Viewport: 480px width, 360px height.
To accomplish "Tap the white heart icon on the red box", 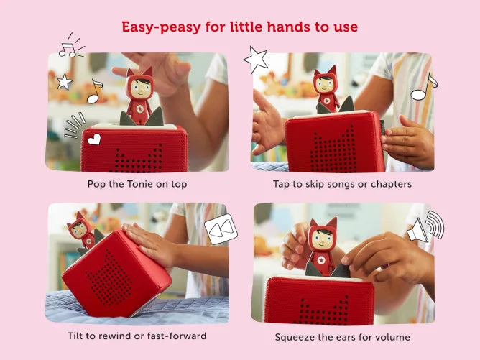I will click(x=94, y=139).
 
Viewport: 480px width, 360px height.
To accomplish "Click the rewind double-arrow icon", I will click(x=220, y=229).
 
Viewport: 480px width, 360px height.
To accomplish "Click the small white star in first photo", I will click(x=65, y=82).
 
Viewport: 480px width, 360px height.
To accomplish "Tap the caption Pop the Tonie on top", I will click(x=137, y=184).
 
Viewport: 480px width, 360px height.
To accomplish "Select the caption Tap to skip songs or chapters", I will click(x=342, y=184).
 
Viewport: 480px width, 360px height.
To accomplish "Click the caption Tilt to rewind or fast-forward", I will click(x=137, y=336).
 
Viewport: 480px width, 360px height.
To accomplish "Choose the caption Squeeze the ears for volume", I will click(x=342, y=336).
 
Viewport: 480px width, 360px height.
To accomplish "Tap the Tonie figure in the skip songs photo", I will click(x=327, y=91).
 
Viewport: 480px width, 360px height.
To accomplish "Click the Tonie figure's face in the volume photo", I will click(x=322, y=239).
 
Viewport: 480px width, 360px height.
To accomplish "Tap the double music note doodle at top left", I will click(x=68, y=47).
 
